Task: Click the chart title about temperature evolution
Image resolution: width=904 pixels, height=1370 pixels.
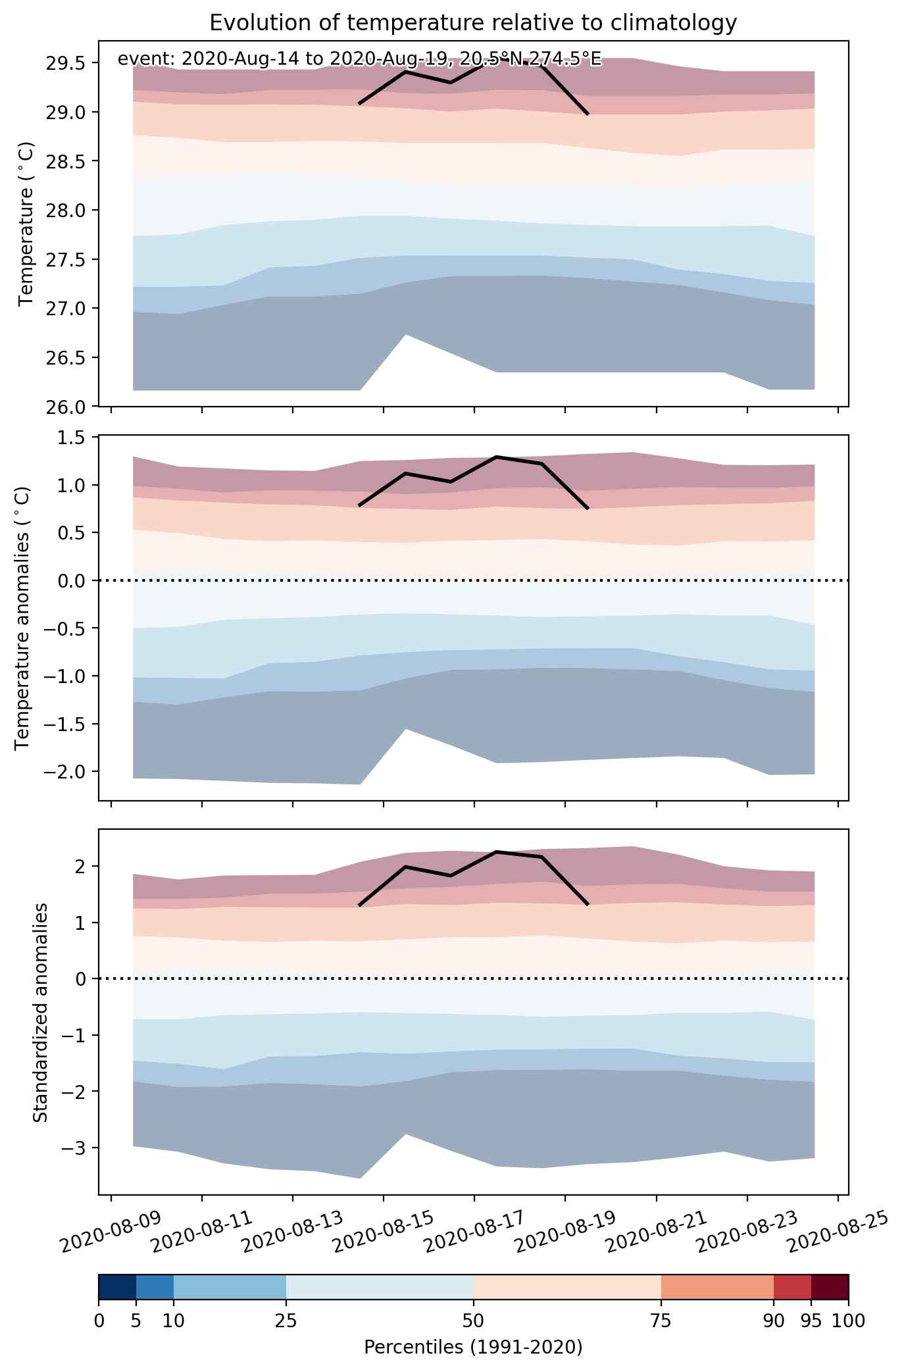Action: [473, 23]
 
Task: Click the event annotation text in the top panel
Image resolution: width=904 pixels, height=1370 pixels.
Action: [359, 59]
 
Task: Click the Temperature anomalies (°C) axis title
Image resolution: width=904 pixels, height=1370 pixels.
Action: [22, 618]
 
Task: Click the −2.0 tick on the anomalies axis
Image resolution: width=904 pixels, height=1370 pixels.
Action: [64, 771]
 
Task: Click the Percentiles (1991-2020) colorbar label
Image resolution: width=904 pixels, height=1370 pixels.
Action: [473, 1348]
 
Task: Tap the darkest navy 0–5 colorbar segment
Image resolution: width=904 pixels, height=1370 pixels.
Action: [117, 1287]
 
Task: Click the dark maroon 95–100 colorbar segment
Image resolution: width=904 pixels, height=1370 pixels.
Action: [830, 1287]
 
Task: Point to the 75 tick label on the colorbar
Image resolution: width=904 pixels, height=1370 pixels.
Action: [661, 1320]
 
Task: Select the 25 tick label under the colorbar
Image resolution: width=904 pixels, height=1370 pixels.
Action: [286, 1320]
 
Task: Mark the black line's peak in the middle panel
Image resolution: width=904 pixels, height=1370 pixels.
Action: [497, 457]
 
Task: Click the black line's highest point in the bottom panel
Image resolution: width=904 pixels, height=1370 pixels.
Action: [497, 851]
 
